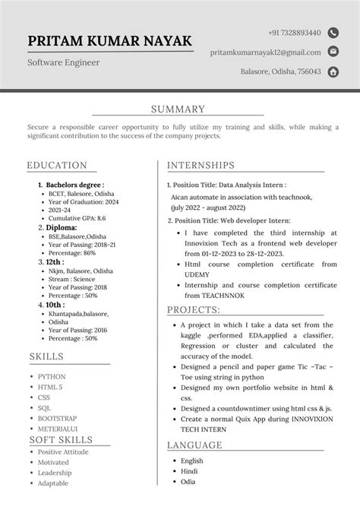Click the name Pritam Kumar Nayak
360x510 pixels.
tap(109, 41)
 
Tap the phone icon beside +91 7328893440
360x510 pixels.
tap(333, 33)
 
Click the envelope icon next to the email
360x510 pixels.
tap(333, 52)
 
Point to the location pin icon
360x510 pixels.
tap(333, 72)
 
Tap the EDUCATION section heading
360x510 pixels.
tap(57, 165)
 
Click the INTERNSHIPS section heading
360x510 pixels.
tap(201, 165)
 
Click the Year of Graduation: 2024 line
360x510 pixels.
tap(84, 201)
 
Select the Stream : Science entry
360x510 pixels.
tap(75, 280)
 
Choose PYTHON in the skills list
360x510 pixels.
tap(52, 376)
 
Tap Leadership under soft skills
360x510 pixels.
tap(55, 473)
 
